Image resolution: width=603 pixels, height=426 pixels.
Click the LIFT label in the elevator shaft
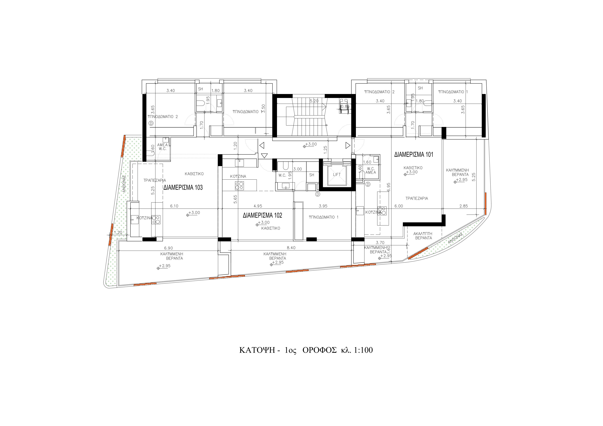tap(337, 174)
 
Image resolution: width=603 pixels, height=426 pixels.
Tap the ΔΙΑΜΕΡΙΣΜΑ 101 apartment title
tap(414, 155)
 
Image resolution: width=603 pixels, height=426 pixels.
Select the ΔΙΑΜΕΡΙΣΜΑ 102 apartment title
tap(262, 215)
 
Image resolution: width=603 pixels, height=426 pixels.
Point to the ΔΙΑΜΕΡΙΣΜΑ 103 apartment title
tap(183, 187)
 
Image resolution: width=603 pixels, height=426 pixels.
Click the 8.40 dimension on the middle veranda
tap(291, 248)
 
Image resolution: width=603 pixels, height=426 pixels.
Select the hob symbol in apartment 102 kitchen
tap(239, 186)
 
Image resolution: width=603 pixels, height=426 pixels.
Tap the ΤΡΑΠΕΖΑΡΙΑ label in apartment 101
tap(417, 199)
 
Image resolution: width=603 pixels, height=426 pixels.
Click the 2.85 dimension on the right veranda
tap(464, 206)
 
